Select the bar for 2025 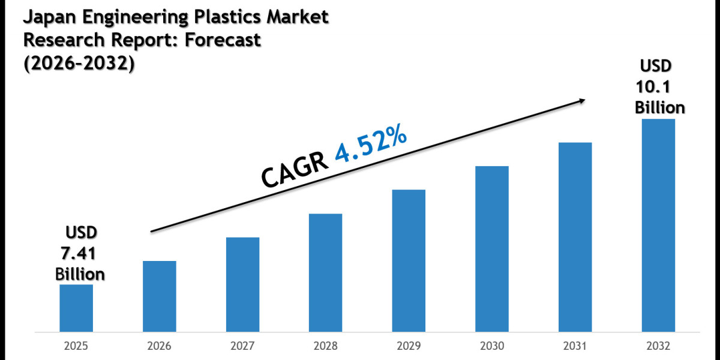pyautogui.click(x=76, y=308)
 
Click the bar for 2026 pyautogui.click(x=160, y=296)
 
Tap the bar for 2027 pyautogui.click(x=243, y=284)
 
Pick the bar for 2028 pyautogui.click(x=326, y=272)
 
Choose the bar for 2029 pyautogui.click(x=409, y=260)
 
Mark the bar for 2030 pyautogui.click(x=492, y=248)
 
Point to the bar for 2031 pyautogui.click(x=575, y=237)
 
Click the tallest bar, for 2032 pyautogui.click(x=658, y=225)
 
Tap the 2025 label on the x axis pyautogui.click(x=76, y=347)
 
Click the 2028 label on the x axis pyautogui.click(x=326, y=347)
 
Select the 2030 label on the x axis pyautogui.click(x=492, y=347)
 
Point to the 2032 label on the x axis pyautogui.click(x=658, y=347)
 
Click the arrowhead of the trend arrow pyautogui.click(x=581, y=102)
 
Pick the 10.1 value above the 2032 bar pyautogui.click(x=654, y=88)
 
